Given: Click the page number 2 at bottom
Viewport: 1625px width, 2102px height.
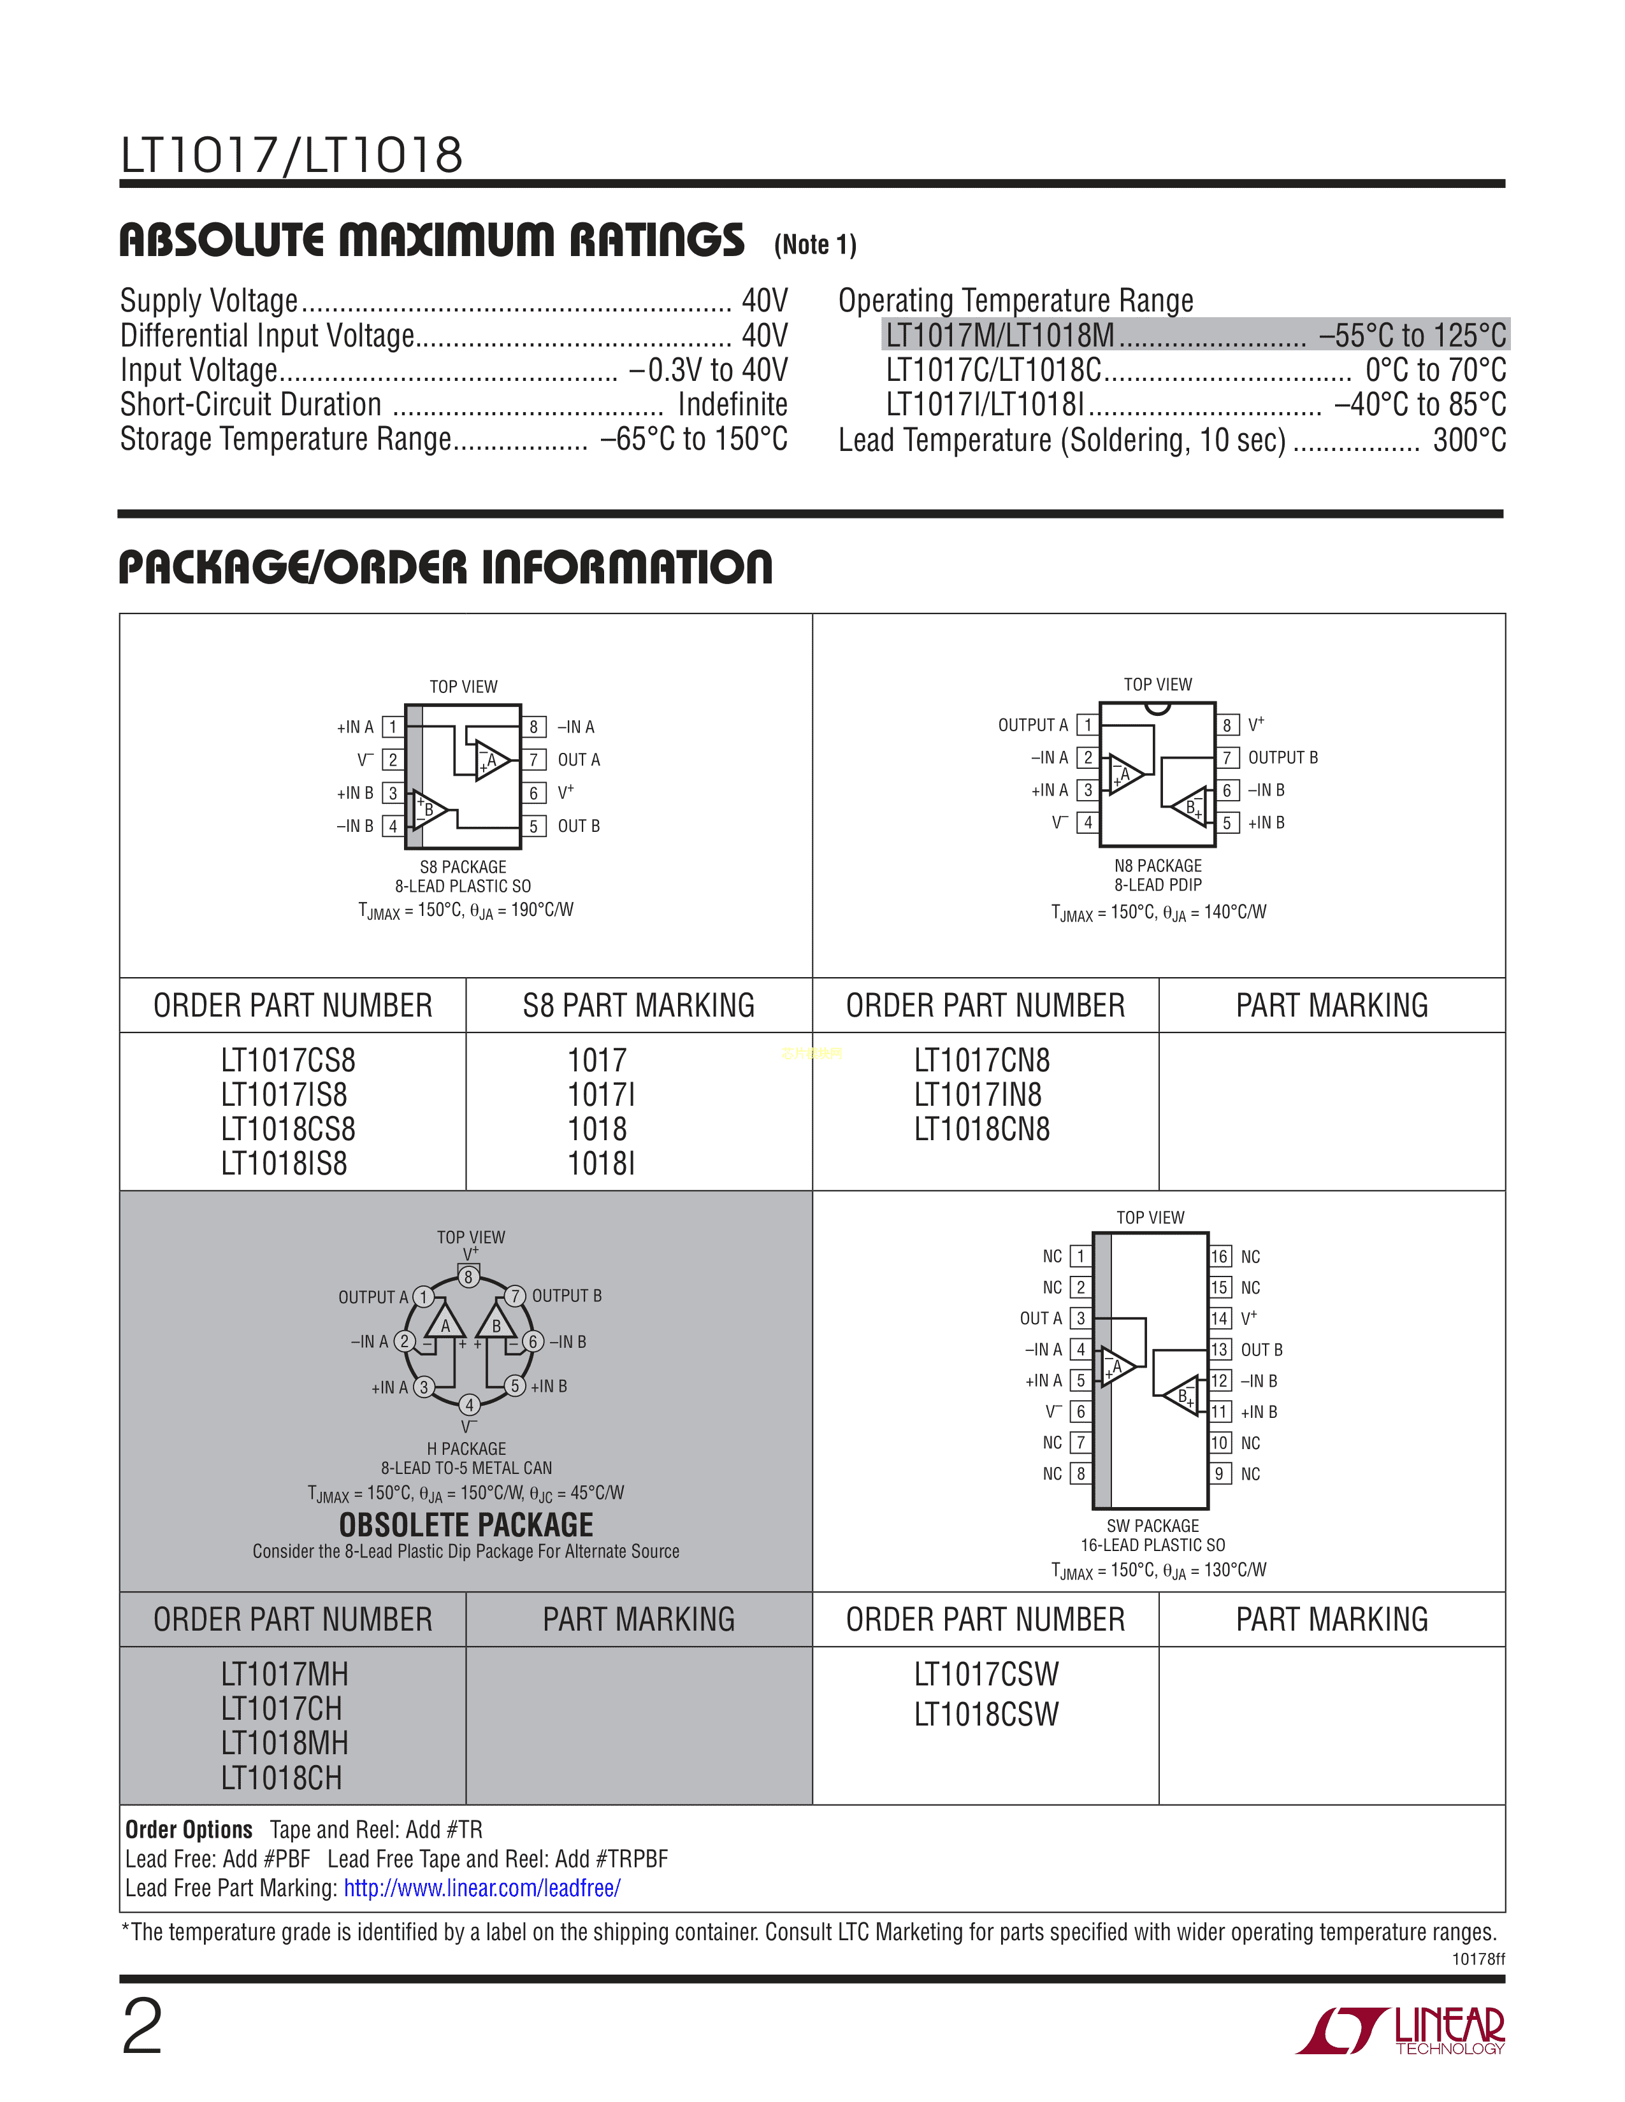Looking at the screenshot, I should point(143,2026).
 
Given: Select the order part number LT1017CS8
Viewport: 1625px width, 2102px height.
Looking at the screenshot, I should point(288,1061).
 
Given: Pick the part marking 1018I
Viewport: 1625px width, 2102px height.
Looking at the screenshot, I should point(601,1164).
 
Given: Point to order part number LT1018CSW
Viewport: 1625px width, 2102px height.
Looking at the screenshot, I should point(986,1714).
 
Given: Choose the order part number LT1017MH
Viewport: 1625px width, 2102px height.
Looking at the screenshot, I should point(284,1675).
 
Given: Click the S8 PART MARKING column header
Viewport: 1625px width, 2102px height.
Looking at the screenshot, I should point(639,1006).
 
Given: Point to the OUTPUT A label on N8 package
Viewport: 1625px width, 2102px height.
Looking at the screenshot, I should point(1032,726).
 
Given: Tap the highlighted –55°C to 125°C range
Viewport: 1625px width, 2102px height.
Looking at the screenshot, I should point(1412,336).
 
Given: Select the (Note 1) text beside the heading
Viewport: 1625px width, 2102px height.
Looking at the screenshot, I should point(814,245).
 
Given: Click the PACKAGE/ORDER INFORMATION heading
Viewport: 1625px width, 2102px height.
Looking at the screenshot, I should point(445,567).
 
